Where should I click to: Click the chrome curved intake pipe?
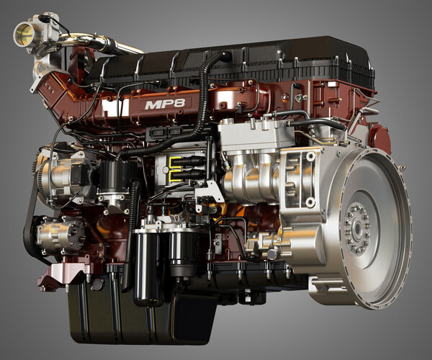115,46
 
